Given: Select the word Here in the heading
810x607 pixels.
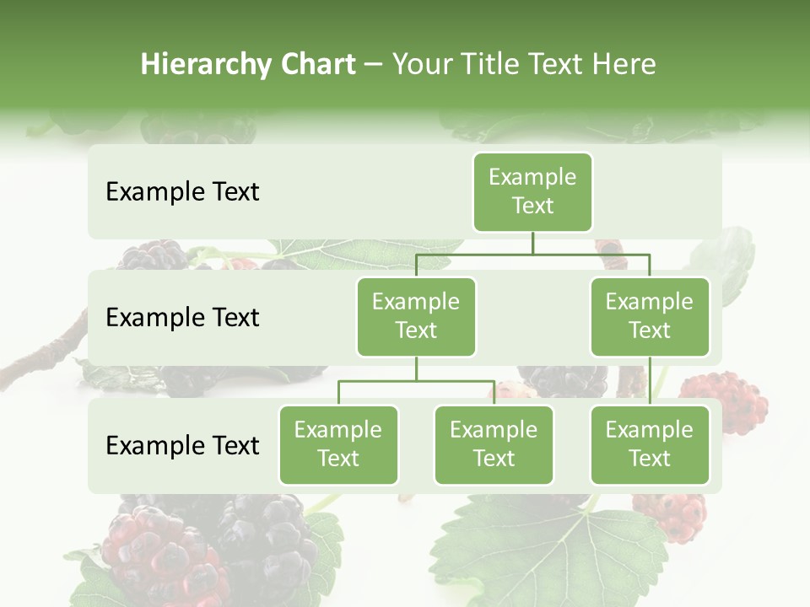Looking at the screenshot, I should (x=624, y=64).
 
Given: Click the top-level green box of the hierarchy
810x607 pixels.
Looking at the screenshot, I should (x=532, y=191).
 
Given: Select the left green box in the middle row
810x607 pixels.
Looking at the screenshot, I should (x=416, y=316).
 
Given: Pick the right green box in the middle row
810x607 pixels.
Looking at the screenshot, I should (x=650, y=316).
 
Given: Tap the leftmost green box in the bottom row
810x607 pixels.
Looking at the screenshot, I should (x=338, y=444).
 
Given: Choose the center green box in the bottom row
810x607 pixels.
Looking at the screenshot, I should (x=494, y=444).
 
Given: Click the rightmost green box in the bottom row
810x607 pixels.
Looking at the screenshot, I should (x=650, y=444).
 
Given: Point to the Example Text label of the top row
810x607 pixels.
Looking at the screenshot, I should (x=182, y=192).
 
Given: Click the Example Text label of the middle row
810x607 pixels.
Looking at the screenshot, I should (x=182, y=318).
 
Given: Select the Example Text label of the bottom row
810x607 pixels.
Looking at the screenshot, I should (x=182, y=445).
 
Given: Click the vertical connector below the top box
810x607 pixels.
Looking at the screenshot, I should (x=532, y=243).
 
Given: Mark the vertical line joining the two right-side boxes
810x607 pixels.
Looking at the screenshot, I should (x=650, y=381).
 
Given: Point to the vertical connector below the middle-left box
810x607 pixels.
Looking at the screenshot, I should (x=416, y=368).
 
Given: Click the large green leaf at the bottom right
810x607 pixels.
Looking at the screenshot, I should (x=540, y=548).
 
